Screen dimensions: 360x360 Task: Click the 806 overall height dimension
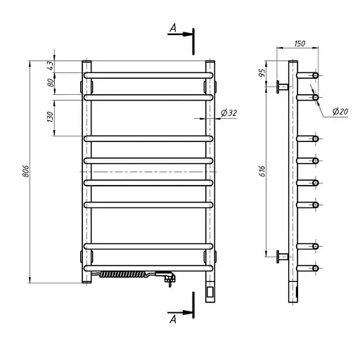[26, 171]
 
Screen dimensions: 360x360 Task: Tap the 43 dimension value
[51, 65]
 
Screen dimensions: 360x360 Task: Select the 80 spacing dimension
[51, 82]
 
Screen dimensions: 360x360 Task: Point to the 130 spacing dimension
[50, 117]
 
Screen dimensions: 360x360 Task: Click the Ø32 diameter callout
[229, 113]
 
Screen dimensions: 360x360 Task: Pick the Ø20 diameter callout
[340, 111]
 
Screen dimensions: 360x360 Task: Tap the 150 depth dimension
[300, 44]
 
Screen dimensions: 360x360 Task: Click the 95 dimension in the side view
[263, 72]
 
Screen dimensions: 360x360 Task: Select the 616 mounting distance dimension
[263, 171]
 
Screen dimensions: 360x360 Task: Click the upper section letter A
[173, 28]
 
